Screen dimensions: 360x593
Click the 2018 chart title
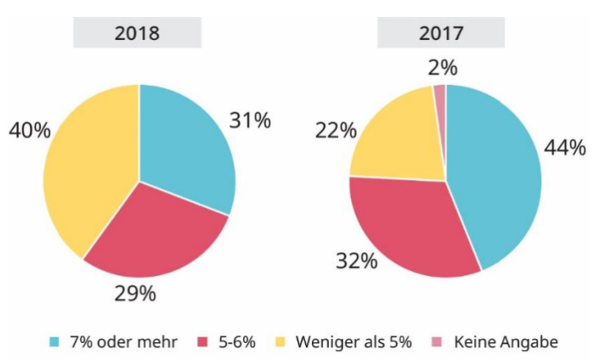pos(137,33)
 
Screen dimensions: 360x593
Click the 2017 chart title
pos(441,33)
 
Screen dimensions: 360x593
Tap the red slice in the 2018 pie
pos(154,232)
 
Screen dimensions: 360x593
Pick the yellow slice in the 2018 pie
pos(85,170)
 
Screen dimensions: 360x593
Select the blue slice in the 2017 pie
pos(494,178)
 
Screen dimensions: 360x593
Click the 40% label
pos(29,131)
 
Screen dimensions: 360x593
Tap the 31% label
pos(249,121)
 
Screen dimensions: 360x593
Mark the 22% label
pos(335,131)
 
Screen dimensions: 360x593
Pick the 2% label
pos(442,68)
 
